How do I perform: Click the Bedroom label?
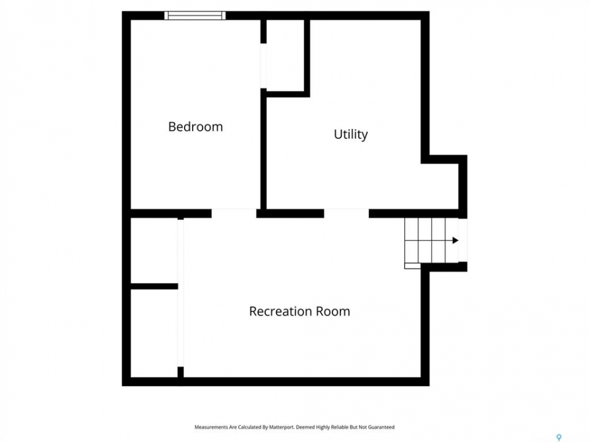[x=195, y=126]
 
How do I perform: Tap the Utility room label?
[x=351, y=134]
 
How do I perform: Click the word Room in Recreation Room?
[x=333, y=311]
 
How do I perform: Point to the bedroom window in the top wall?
[x=195, y=15]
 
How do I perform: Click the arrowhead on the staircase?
[x=455, y=240]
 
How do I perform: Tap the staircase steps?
[x=431, y=241]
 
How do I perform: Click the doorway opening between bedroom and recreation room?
[x=234, y=214]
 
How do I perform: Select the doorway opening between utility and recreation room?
[x=346, y=214]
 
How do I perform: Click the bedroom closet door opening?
[x=263, y=66]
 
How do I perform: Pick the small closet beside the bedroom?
[x=285, y=55]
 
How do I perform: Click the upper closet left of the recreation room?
[x=154, y=250]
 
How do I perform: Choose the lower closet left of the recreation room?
[x=154, y=333]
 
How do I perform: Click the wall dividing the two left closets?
[x=154, y=287]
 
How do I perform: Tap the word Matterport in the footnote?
[x=281, y=427]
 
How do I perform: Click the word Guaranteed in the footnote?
[x=381, y=427]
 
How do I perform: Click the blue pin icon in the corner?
[x=559, y=437]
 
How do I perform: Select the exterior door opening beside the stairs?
[x=463, y=240]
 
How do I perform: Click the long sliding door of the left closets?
[x=180, y=293]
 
